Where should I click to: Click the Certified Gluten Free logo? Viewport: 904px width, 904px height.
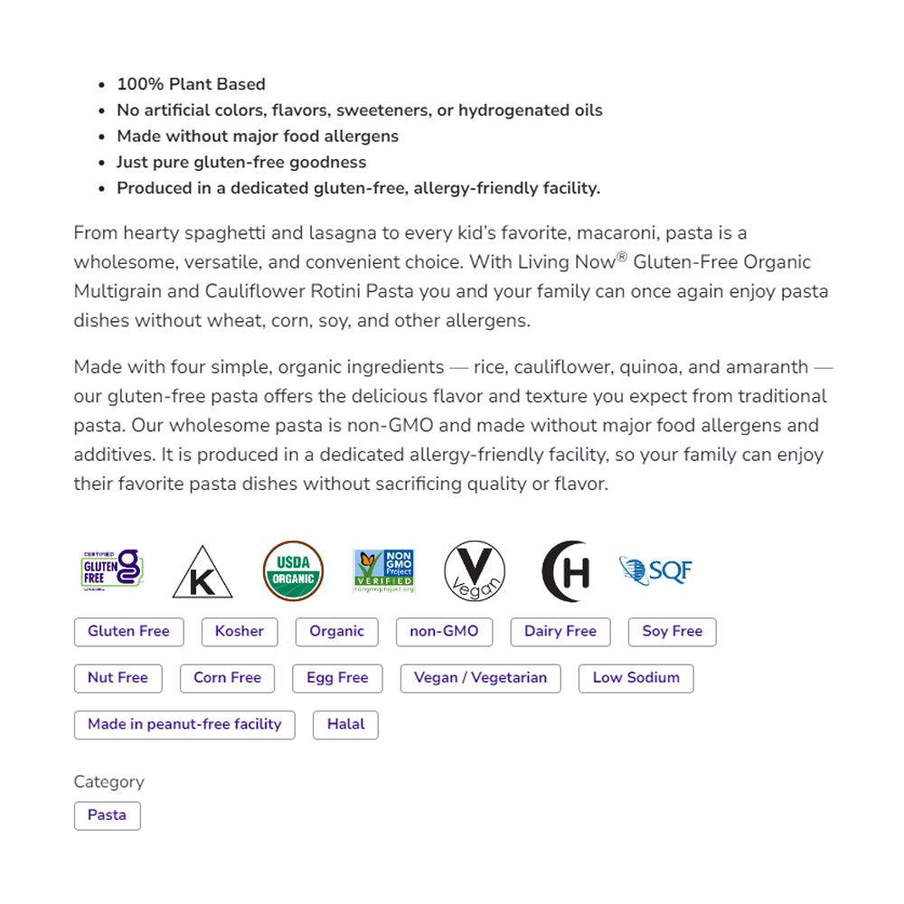coord(113,570)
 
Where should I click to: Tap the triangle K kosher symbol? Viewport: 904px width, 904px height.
coord(202,573)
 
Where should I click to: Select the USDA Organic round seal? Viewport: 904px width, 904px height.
coord(293,570)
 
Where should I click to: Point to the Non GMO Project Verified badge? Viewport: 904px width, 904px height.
coord(384,570)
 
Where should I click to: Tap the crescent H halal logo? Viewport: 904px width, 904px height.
coord(566,571)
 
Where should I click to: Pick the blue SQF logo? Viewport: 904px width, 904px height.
coord(656,570)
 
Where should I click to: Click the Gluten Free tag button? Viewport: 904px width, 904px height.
coord(128,632)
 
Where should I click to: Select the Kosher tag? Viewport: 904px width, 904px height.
coord(240,632)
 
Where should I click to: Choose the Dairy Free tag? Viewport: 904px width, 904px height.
coord(560,632)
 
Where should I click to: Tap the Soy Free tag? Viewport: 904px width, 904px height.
coord(672,632)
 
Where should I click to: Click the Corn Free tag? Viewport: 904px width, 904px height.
coord(227,678)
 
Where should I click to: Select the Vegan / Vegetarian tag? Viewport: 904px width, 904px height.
coord(480,678)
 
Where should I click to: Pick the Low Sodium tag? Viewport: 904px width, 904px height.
coord(636,678)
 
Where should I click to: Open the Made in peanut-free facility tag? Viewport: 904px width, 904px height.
coord(184,725)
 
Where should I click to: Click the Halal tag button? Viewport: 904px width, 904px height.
coord(345,725)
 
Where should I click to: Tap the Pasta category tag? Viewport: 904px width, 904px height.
coord(107,815)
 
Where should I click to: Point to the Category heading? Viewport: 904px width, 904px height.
coord(108,782)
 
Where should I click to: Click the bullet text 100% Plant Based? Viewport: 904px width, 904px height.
coord(191,84)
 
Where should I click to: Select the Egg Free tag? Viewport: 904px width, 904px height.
coord(337,678)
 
